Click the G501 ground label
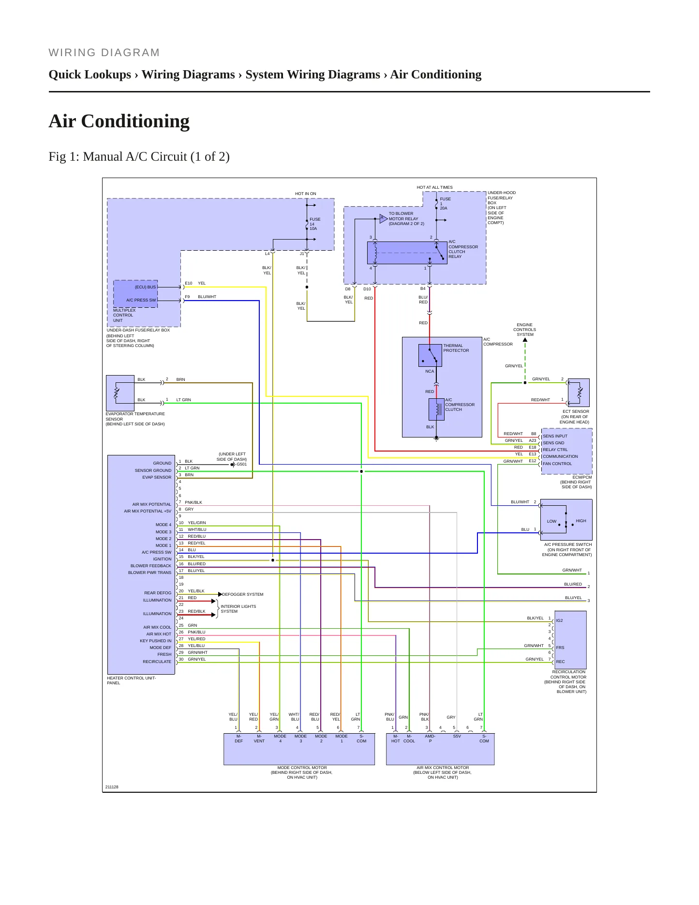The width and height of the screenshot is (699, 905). [241, 464]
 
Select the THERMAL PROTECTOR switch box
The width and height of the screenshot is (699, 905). [430, 355]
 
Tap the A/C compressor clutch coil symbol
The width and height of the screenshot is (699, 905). [436, 409]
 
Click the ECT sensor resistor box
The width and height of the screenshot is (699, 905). [579, 392]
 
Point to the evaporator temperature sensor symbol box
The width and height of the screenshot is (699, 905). [120, 393]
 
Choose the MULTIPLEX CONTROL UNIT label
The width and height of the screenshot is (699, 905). [124, 316]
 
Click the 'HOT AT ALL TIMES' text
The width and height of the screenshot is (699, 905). [435, 187]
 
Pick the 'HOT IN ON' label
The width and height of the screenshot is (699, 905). [306, 194]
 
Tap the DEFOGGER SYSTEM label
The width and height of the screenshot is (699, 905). [243, 594]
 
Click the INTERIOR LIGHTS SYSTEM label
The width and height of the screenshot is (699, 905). [238, 609]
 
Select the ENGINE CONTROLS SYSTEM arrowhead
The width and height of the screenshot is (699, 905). [525, 340]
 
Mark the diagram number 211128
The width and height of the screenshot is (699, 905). [112, 787]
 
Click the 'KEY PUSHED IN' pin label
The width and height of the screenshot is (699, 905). [156, 641]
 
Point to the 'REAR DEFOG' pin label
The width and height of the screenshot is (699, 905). [158, 593]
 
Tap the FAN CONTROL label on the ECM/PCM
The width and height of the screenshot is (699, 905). [557, 464]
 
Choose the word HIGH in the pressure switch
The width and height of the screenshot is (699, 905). [581, 521]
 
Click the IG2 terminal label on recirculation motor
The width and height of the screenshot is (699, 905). [559, 620]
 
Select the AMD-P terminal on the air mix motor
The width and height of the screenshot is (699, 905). [430, 739]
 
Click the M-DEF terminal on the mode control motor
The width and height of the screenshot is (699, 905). [239, 739]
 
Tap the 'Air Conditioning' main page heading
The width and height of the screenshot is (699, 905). [119, 121]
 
